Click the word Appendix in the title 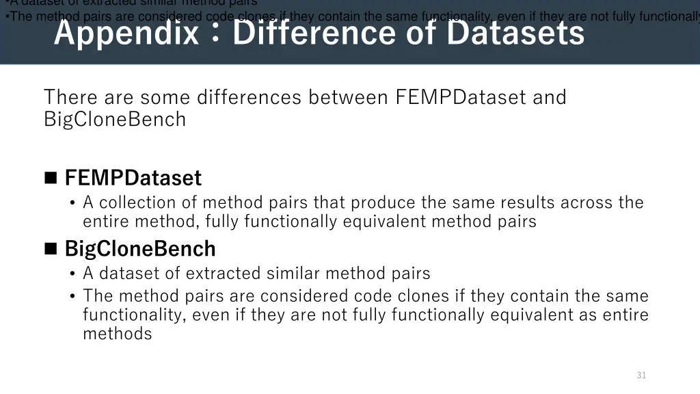tap(126, 34)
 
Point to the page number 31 tap(641, 375)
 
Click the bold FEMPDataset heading tap(133, 178)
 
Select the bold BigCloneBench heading tap(140, 248)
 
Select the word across tap(587, 202)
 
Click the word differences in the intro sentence tap(249, 98)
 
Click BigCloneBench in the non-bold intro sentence tap(115, 119)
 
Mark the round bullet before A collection tap(73, 203)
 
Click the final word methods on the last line tap(118, 334)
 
